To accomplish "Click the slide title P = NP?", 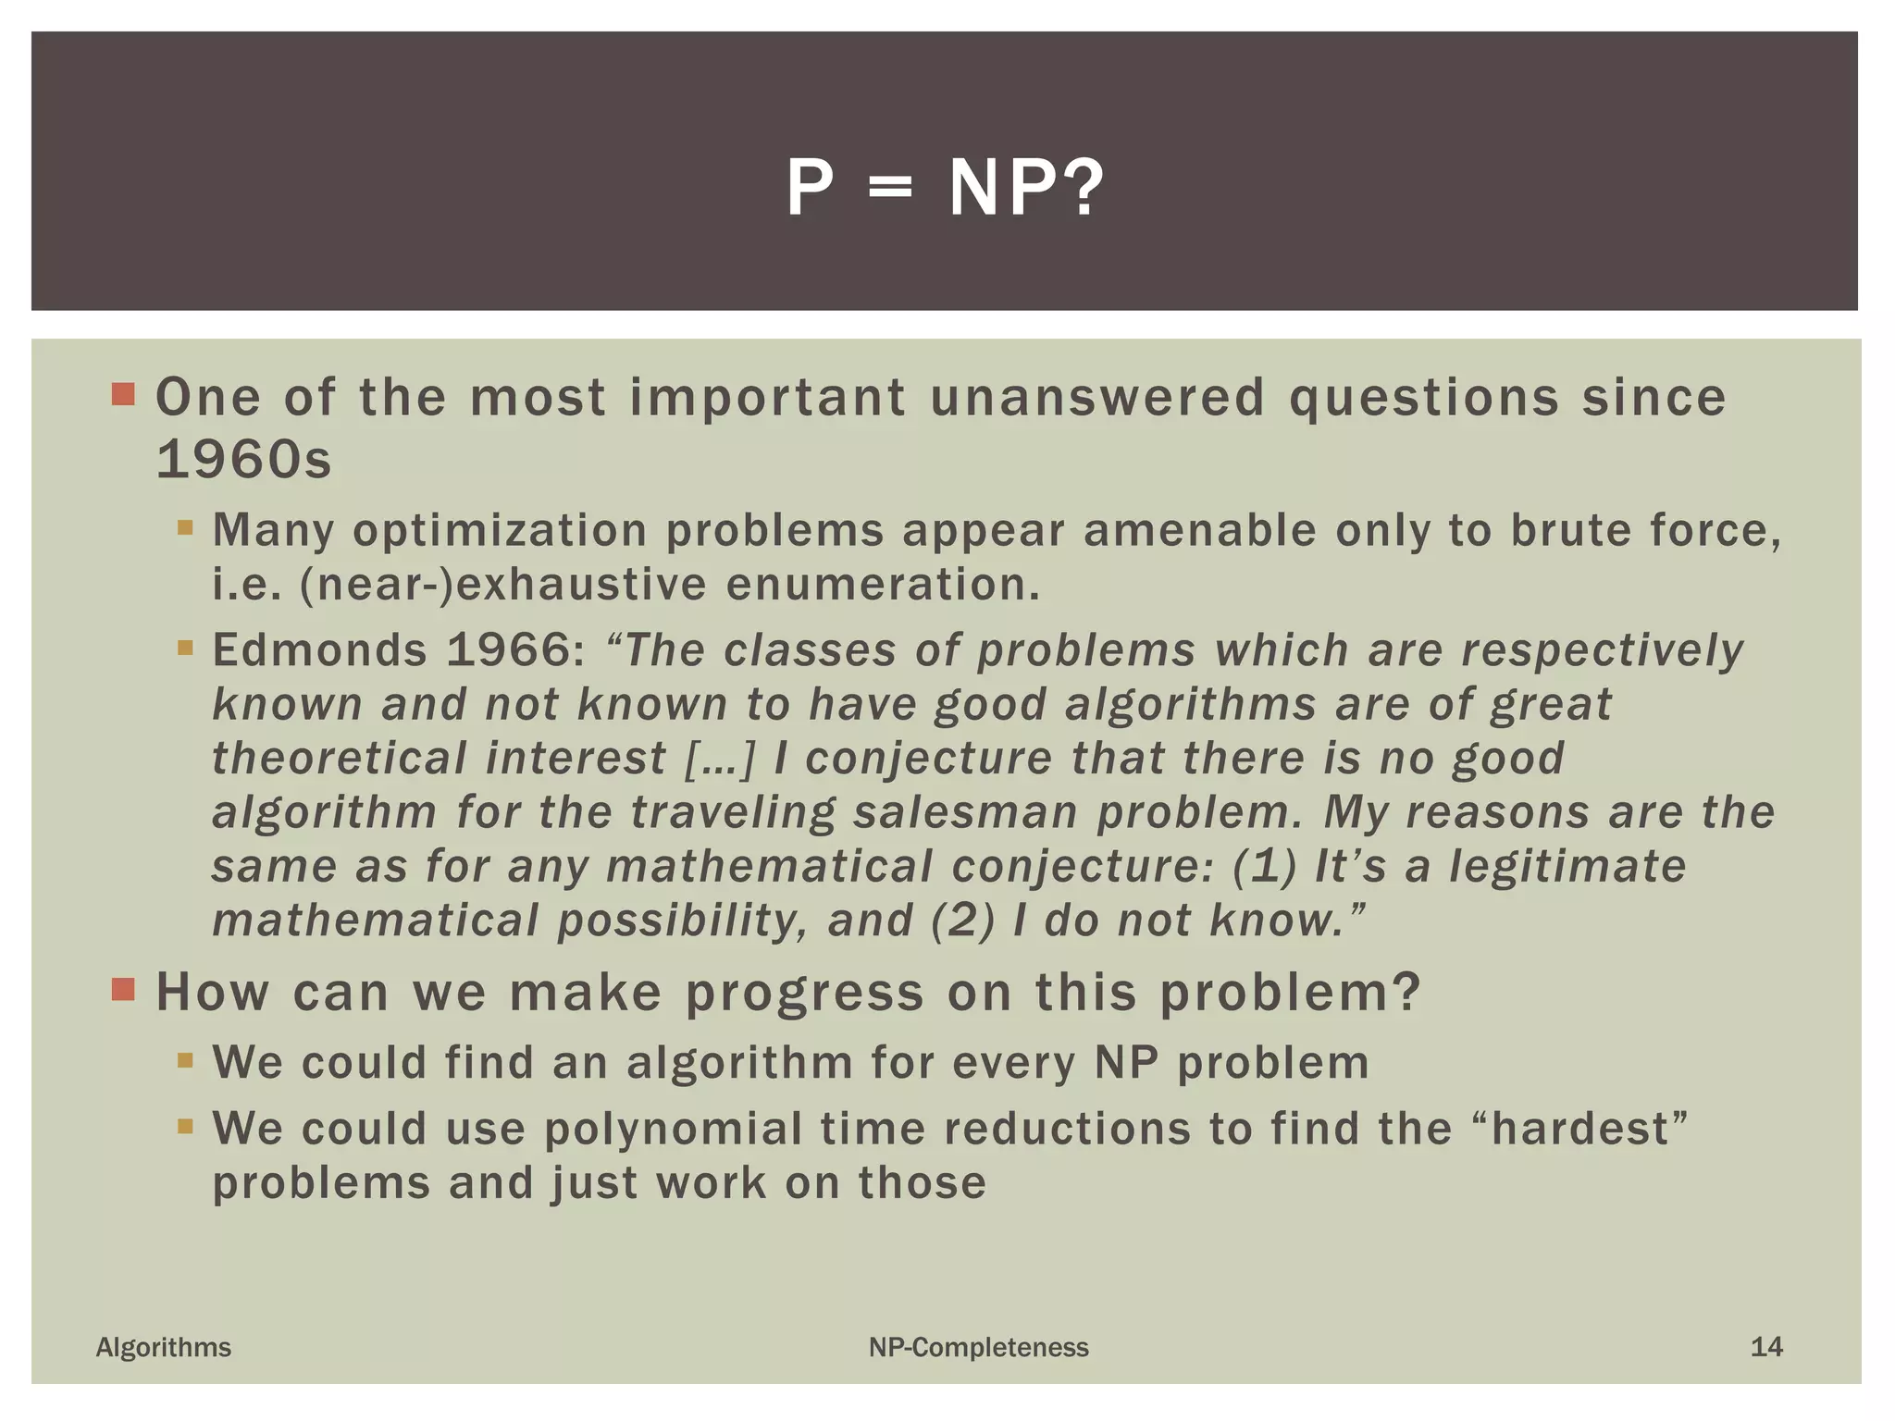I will (x=945, y=188).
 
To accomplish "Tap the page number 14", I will (x=1765, y=1347).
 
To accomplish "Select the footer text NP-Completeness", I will (x=978, y=1348).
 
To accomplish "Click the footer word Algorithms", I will (x=164, y=1348).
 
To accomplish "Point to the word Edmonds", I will (x=319, y=650).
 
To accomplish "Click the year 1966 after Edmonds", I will (x=515, y=650).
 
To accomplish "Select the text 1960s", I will (x=243, y=460).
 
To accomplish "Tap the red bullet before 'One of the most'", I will (x=123, y=395).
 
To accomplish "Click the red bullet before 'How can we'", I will (x=123, y=990).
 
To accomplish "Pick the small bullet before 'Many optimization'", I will (x=186, y=529).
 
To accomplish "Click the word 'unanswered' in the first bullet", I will (x=1097, y=398).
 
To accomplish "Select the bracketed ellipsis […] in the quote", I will (x=720, y=760).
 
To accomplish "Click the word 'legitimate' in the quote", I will (x=1567, y=868).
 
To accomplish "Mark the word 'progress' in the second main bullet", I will (x=804, y=994).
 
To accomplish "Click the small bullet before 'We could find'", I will (x=186, y=1060).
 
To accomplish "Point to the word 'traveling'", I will (x=733, y=813).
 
